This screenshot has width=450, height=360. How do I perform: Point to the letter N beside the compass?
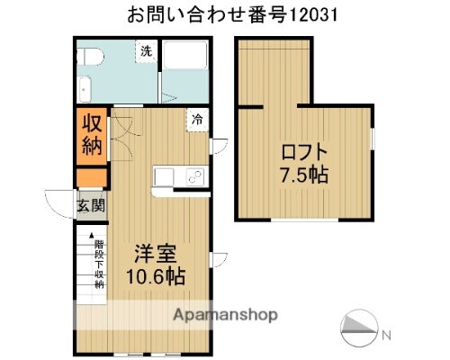(x=386, y=336)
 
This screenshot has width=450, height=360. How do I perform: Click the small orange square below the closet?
(x=90, y=177)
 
